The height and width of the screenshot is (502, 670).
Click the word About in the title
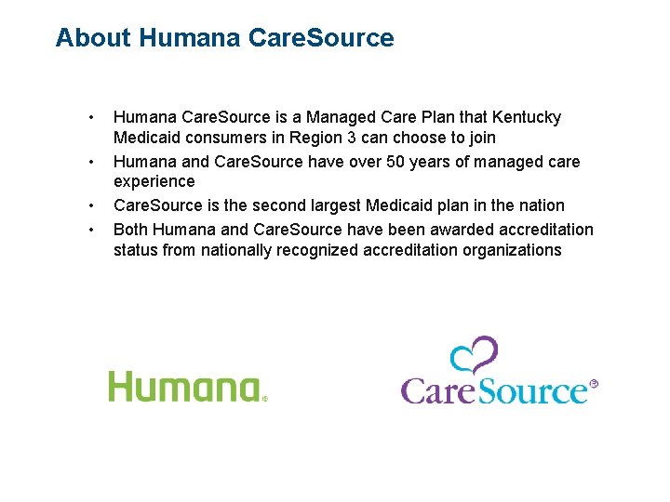coord(93,38)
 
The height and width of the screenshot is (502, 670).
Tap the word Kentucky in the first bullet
coord(526,118)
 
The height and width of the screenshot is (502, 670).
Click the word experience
coord(154,182)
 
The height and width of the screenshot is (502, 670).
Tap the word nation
coord(540,205)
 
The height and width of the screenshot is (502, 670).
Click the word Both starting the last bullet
coord(131,229)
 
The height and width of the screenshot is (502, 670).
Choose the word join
coord(481,139)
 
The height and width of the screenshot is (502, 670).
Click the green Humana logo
coord(183,386)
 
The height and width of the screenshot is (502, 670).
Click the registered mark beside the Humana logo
coord(264,398)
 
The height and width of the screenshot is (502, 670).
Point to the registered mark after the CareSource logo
coord(594,383)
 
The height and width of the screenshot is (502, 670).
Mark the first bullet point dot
coord(90,118)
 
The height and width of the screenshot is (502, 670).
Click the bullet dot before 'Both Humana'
coord(90,229)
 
